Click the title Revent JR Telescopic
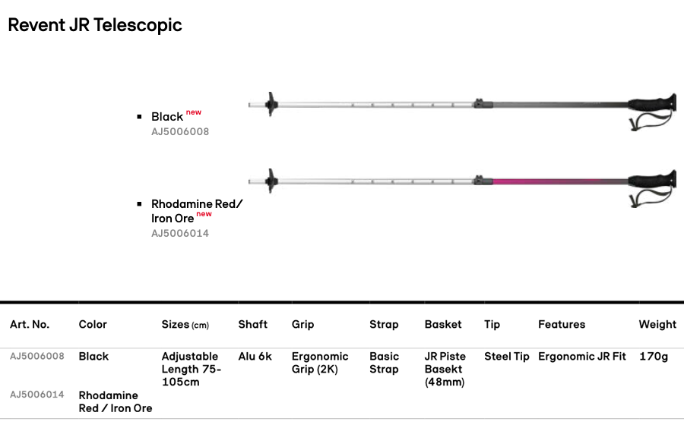coord(95,24)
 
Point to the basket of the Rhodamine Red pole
coord(271,181)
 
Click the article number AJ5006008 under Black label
coord(180,131)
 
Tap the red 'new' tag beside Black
coord(194,112)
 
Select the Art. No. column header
coord(30,324)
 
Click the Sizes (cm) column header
coord(185,324)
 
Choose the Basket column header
coord(443,324)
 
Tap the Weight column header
coord(657,324)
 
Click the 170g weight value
coord(654,356)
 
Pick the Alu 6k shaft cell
coord(255,356)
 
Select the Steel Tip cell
coord(507,356)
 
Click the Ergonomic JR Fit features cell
coord(582,356)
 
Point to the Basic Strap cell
coord(384,363)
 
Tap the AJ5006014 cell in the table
coord(37,395)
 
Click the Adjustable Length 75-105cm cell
coord(191,369)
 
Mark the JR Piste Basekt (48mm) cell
coord(445,369)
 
